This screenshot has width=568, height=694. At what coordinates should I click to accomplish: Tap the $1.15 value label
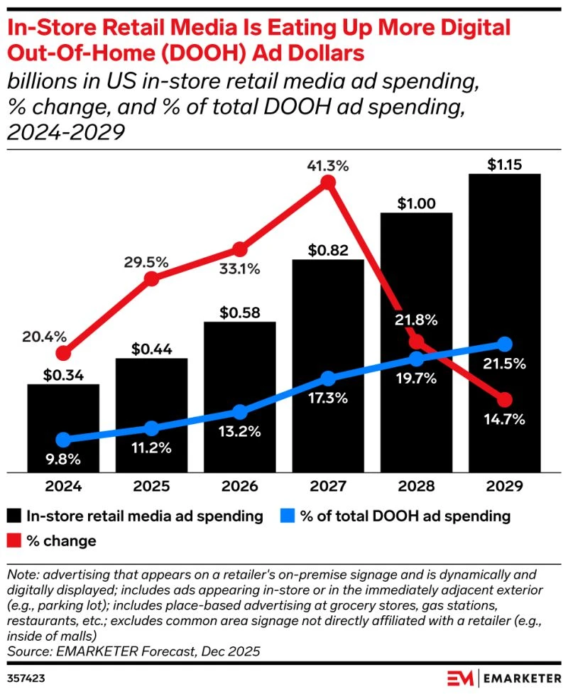point(505,165)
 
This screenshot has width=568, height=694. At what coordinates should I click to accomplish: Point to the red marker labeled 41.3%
point(328,183)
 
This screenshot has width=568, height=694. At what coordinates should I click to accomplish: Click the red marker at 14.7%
point(505,399)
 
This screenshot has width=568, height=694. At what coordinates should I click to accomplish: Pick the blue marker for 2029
point(505,345)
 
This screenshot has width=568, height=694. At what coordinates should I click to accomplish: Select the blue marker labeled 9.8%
point(63,440)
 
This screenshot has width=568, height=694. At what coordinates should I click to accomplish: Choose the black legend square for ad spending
point(15,516)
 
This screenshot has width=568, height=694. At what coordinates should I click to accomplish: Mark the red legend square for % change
point(15,541)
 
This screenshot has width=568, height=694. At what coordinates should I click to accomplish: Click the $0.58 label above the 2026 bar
point(240,313)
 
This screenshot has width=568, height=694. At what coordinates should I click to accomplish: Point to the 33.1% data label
point(240,269)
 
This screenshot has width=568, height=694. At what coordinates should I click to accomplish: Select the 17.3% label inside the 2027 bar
point(328,398)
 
